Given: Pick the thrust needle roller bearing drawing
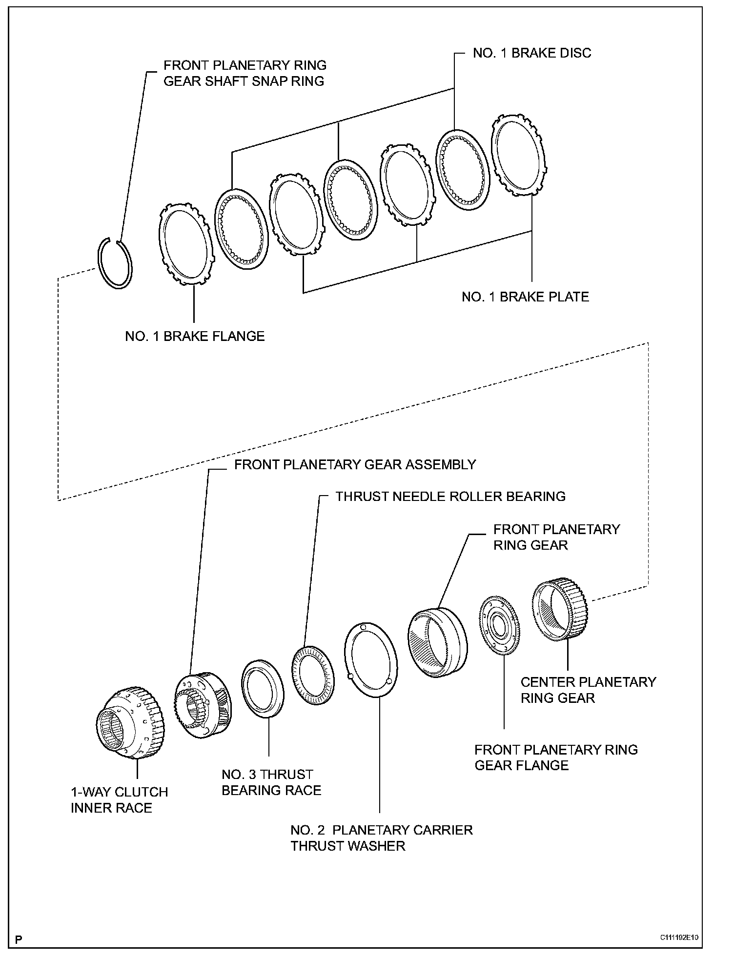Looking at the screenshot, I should click(314, 675).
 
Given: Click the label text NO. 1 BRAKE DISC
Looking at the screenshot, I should click(531, 53).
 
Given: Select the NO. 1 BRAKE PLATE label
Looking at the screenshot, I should click(525, 297).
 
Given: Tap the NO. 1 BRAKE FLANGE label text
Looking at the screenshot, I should click(195, 336).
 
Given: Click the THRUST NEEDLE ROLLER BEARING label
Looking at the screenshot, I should click(450, 497).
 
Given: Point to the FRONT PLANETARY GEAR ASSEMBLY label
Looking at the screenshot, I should click(355, 464).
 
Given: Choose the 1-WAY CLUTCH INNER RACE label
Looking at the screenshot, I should click(119, 800).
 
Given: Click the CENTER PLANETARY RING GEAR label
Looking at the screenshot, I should click(588, 690).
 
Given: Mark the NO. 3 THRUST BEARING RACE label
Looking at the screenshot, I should click(271, 782).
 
